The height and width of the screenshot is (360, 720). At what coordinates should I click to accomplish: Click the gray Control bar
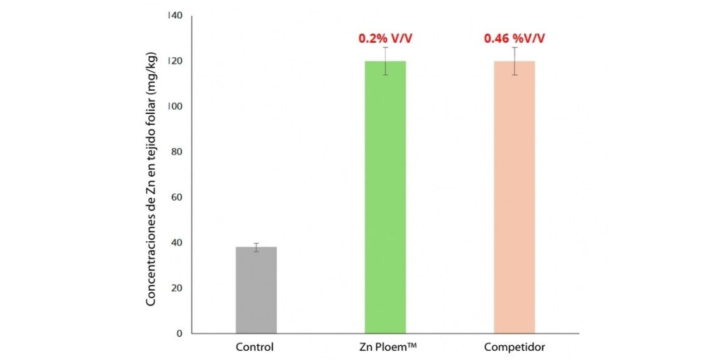pyautogui.click(x=256, y=290)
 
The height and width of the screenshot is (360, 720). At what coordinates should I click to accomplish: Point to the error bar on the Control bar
pyautogui.click(x=256, y=247)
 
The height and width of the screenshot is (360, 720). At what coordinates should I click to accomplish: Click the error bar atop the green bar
pyautogui.click(x=385, y=61)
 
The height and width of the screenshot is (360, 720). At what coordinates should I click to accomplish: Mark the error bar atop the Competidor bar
pyautogui.click(x=514, y=61)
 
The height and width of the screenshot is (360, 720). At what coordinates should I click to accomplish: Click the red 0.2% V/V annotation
pyautogui.click(x=385, y=38)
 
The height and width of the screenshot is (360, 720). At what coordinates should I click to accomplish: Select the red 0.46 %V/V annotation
pyautogui.click(x=514, y=38)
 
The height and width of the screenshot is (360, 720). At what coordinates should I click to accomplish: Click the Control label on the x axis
pyautogui.click(x=256, y=347)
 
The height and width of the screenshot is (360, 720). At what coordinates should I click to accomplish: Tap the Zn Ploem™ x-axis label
pyautogui.click(x=385, y=347)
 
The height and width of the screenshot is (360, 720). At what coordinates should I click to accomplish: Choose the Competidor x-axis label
pyautogui.click(x=514, y=347)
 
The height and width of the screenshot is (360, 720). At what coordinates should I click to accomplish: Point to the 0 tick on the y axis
pyautogui.click(x=178, y=333)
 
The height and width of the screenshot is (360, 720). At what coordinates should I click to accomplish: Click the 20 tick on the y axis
pyautogui.click(x=175, y=288)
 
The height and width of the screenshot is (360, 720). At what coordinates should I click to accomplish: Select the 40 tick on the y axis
pyautogui.click(x=175, y=243)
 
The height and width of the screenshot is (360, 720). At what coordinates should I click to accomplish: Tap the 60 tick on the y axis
pyautogui.click(x=175, y=197)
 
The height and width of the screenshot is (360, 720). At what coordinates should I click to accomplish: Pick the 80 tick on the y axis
pyautogui.click(x=175, y=152)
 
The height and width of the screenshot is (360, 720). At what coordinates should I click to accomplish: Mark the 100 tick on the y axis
pyautogui.click(x=173, y=106)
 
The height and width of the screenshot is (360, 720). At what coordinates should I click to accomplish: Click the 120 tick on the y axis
pyautogui.click(x=173, y=61)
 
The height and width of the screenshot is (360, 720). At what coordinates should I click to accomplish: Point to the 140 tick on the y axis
pyautogui.click(x=173, y=15)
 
